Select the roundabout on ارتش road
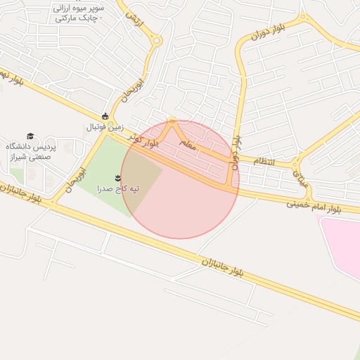(157, 41)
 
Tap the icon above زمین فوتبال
(105, 116)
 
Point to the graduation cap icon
(30, 136)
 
